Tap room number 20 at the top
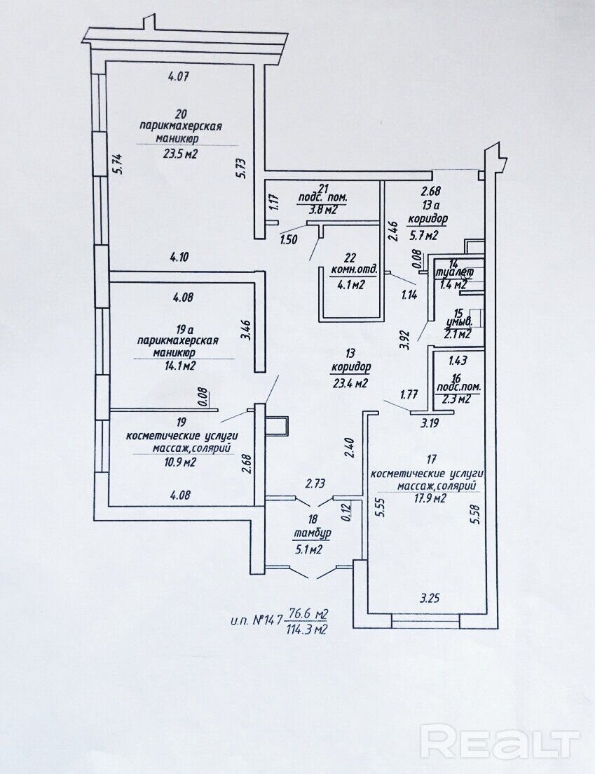coord(181,113)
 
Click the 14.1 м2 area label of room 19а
coord(179,365)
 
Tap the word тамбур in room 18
coord(311,534)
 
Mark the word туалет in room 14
coord(455,272)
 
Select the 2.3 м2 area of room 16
coord(456,399)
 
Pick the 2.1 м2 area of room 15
coord(457,334)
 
